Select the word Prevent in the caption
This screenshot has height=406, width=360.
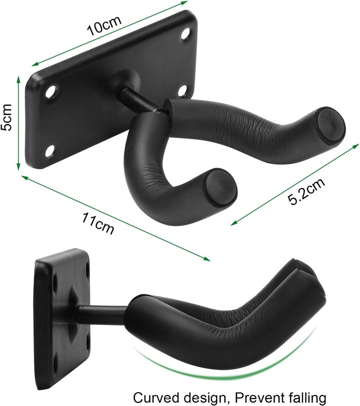[x=251, y=398]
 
